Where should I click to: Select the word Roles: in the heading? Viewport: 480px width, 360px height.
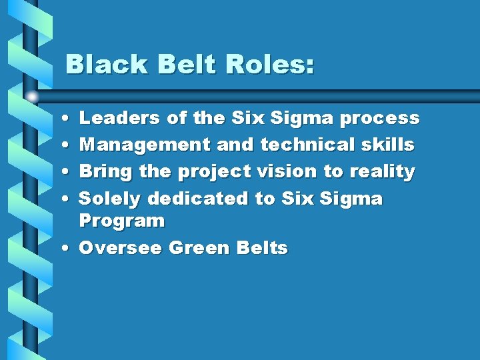[x=269, y=65]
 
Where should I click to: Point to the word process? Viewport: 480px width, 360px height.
[x=379, y=119]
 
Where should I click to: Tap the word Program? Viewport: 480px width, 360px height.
[x=121, y=221]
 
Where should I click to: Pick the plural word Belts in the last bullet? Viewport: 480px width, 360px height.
[x=262, y=248]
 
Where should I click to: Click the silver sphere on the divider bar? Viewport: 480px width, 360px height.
[x=33, y=97]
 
